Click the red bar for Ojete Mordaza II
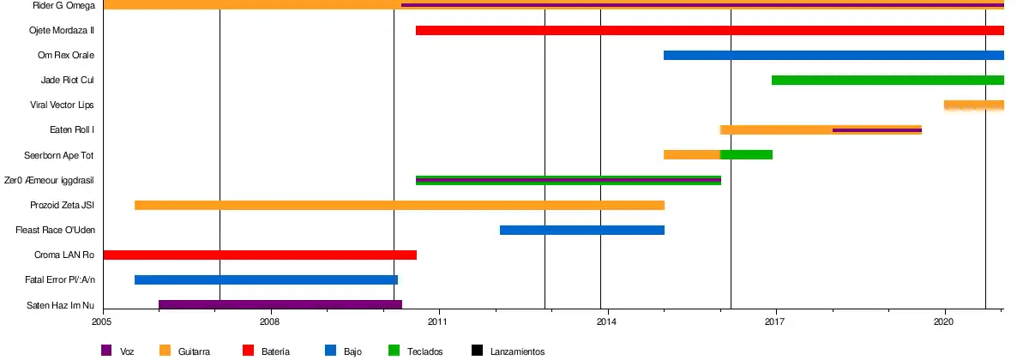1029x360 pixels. pyautogui.click(x=709, y=31)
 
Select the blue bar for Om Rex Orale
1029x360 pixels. pyautogui.click(x=833, y=56)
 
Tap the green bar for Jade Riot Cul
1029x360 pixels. pyautogui.click(x=888, y=81)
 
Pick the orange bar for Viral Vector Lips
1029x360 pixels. pyautogui.click(x=973, y=105)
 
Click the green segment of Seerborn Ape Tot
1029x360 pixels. pyautogui.click(x=746, y=155)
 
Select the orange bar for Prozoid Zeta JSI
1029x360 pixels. pyautogui.click(x=399, y=206)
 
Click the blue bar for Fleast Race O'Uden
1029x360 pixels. pyautogui.click(x=581, y=231)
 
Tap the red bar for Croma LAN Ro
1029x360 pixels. pyautogui.click(x=259, y=255)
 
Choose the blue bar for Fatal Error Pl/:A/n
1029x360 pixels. pyautogui.click(x=266, y=280)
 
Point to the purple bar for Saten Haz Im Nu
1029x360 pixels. pyautogui.click(x=280, y=305)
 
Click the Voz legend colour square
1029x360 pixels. pyautogui.click(x=106, y=350)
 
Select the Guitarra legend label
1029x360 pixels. pyautogui.click(x=195, y=351)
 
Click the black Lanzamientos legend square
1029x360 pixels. pyautogui.click(x=478, y=350)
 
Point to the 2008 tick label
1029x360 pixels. pyautogui.click(x=271, y=322)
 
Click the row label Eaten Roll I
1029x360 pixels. pyautogui.click(x=72, y=130)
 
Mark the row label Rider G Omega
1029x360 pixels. pyautogui.click(x=63, y=6)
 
